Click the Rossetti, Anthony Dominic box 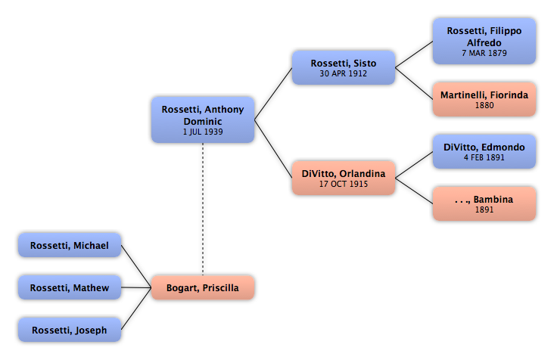[x=203, y=119]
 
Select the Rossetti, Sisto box [x=344, y=67]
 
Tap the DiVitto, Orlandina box [x=344, y=178]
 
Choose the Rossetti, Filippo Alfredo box [x=484, y=42]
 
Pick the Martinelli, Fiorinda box [x=484, y=99]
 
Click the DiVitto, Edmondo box [x=484, y=151]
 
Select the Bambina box [x=484, y=203]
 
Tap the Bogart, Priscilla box [x=203, y=287]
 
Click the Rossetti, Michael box [x=70, y=245]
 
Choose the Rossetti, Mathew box [x=70, y=287]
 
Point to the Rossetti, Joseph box [x=70, y=330]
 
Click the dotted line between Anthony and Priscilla [x=203, y=209]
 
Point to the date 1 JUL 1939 [x=203, y=132]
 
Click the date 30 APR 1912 [x=344, y=73]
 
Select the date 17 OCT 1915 [x=344, y=184]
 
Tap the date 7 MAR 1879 [x=484, y=53]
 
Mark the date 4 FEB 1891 [x=484, y=157]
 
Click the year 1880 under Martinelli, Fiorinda [x=484, y=105]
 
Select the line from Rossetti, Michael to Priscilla [x=136, y=266]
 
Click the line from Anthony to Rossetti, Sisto [x=273, y=94]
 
